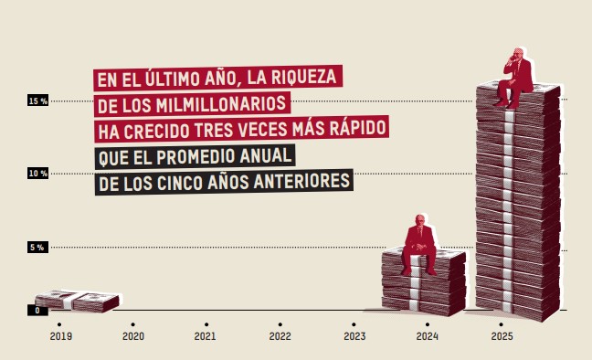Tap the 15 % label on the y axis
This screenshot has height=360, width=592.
[x=37, y=101]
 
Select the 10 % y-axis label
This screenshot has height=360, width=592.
[x=37, y=174]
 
